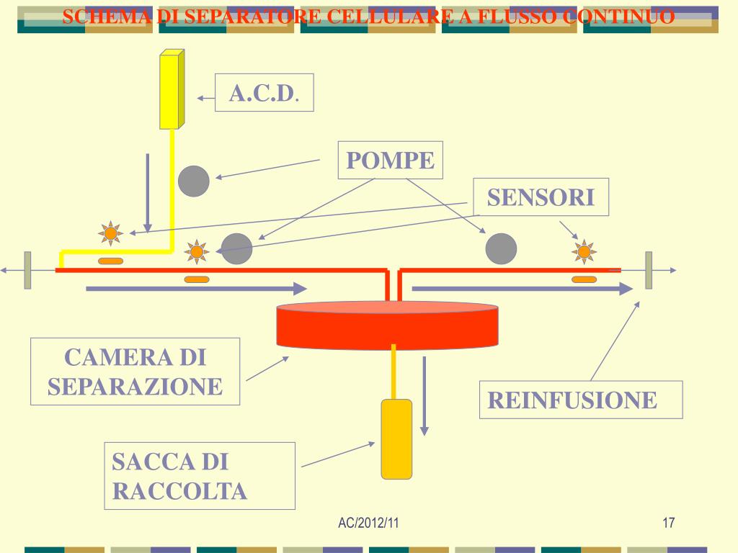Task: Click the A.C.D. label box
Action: pyautogui.click(x=264, y=93)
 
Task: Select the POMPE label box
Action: pyautogui.click(x=390, y=161)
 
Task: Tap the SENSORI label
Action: pyautogui.click(x=541, y=197)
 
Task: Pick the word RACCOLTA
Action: pyautogui.click(x=180, y=491)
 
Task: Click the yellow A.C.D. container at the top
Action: pyautogui.click(x=172, y=90)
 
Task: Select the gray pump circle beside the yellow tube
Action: pyautogui.click(x=194, y=181)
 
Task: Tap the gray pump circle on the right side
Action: pyautogui.click(x=501, y=249)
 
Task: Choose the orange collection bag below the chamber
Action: pyautogui.click(x=396, y=439)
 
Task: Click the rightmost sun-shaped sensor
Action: pyautogui.click(x=584, y=251)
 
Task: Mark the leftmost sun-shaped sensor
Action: pyautogui.click(x=110, y=233)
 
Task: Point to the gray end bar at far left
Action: pyautogui.click(x=27, y=270)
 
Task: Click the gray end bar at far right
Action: pyautogui.click(x=649, y=270)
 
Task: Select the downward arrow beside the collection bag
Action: pyautogui.click(x=424, y=396)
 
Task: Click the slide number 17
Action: pyautogui.click(x=668, y=522)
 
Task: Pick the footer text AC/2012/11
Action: pyautogui.click(x=368, y=522)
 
